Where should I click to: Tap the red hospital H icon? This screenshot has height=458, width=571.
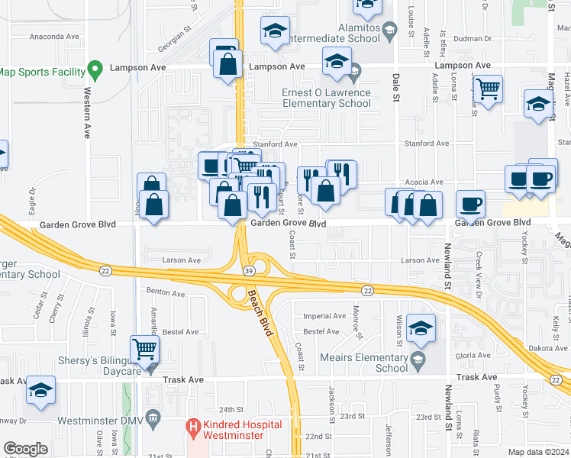(x=195, y=424)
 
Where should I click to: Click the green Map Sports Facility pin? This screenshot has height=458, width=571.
(x=95, y=71)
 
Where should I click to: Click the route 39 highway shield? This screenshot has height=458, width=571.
(x=248, y=271)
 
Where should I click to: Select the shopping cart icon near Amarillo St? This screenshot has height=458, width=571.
(x=144, y=349)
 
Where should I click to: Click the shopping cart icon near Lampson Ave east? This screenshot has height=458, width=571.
(x=488, y=89)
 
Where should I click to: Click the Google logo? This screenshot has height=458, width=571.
(x=25, y=449)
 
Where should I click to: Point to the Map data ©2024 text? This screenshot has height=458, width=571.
(x=538, y=452)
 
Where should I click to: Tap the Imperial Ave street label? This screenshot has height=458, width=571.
(x=324, y=316)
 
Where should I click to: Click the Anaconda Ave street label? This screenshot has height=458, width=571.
(x=54, y=36)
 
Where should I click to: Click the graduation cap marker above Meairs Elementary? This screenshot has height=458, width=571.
(x=420, y=327)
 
